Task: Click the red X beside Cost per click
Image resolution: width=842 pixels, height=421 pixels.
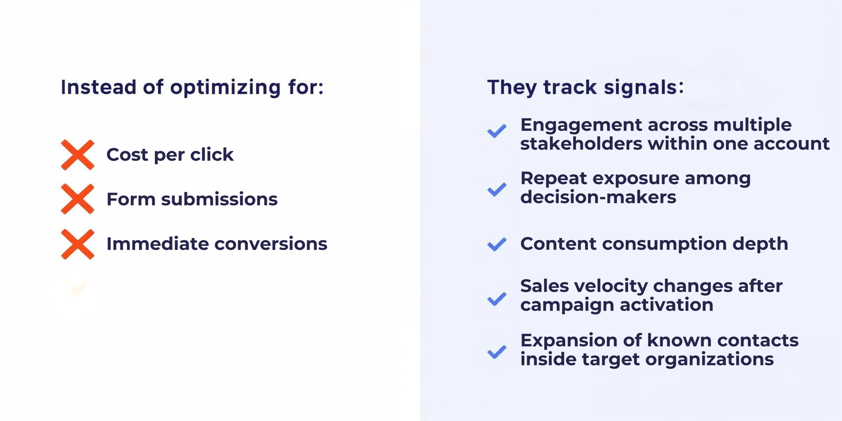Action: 77,155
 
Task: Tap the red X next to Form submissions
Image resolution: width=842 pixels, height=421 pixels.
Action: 77,199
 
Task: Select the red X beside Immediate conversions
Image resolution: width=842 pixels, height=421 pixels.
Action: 77,244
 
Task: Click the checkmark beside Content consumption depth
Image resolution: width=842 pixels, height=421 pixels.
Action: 497,244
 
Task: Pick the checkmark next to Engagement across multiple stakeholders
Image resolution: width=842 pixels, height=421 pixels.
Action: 497,131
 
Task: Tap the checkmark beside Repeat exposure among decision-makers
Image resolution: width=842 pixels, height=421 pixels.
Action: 497,189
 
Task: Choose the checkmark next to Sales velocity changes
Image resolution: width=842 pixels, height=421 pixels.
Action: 497,299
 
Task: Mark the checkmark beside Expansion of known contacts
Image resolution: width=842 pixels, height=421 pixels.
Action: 497,352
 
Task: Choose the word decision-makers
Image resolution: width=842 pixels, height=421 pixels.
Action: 598,197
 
